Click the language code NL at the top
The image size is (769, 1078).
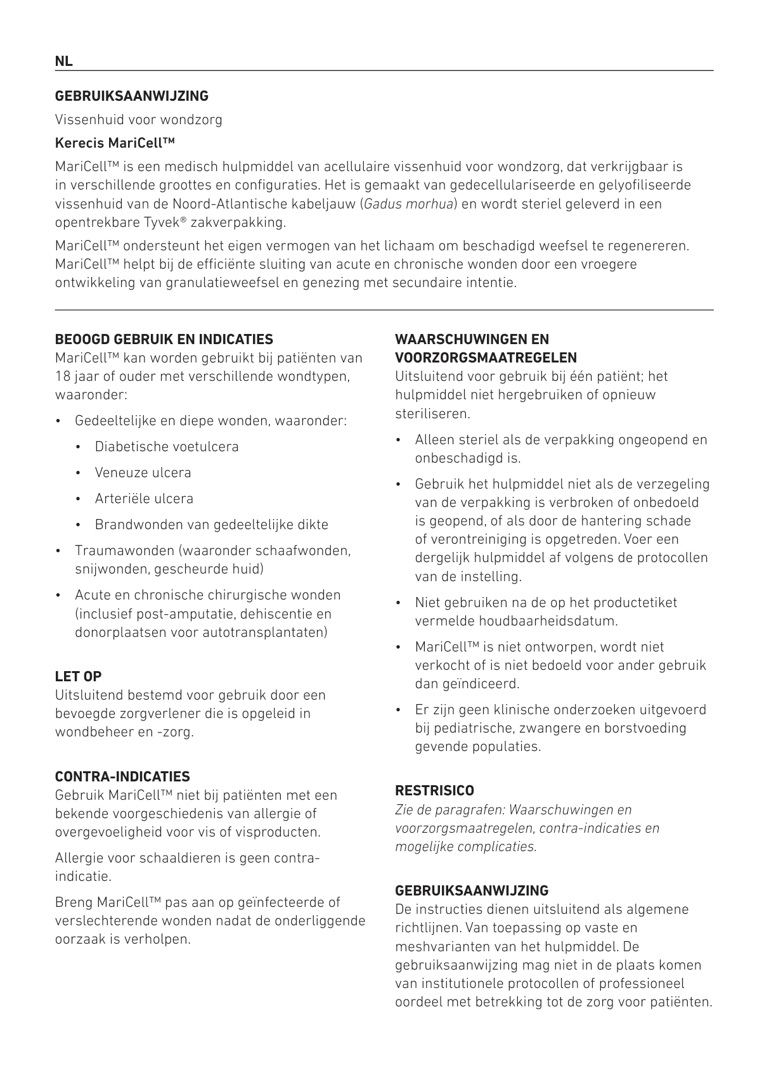click(63, 61)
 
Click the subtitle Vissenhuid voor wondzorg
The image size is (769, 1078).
click(138, 119)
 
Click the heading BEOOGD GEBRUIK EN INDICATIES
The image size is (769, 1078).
click(164, 339)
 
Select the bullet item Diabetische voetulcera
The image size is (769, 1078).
click(167, 447)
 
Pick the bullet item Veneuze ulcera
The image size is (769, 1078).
click(143, 473)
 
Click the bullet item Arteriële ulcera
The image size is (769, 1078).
click(144, 499)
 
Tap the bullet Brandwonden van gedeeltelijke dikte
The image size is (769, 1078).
click(211, 525)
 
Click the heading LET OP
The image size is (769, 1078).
click(78, 676)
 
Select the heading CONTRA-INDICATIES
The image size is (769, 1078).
click(122, 776)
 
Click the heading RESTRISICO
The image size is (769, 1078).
click(434, 791)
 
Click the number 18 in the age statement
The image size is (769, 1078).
click(62, 376)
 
